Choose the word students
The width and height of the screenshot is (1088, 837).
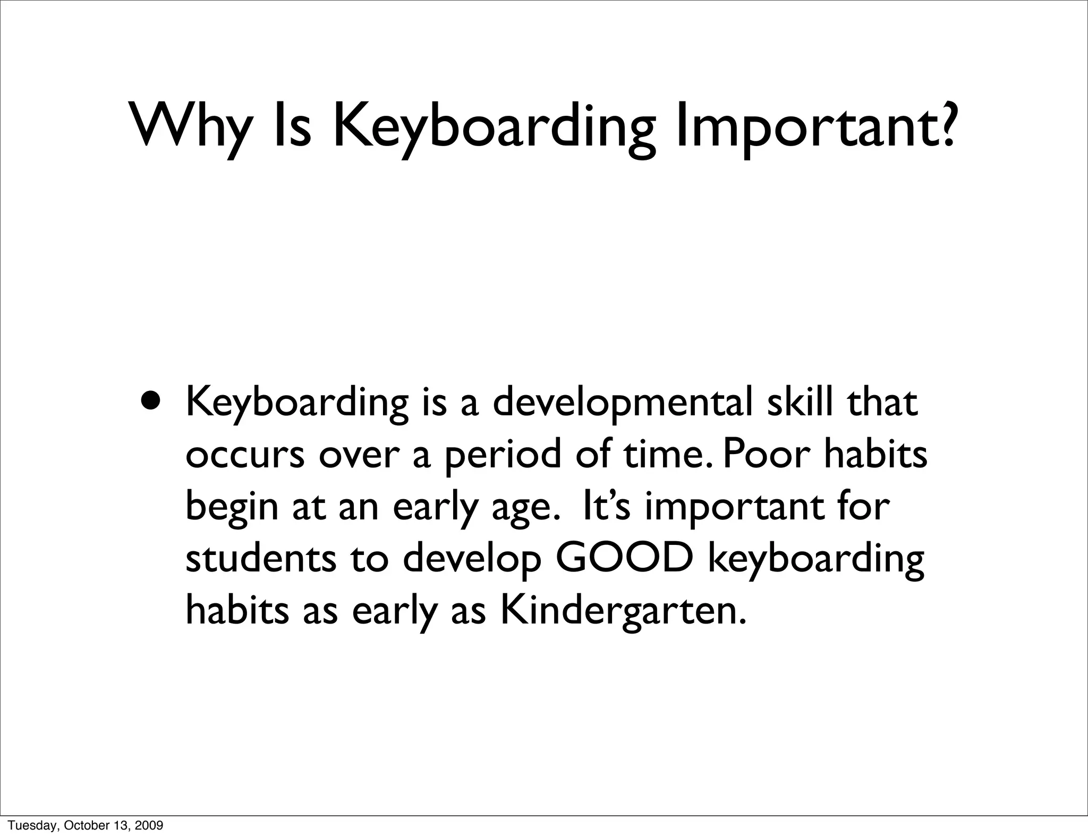(x=261, y=559)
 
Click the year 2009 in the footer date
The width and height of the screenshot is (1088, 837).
(x=150, y=825)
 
